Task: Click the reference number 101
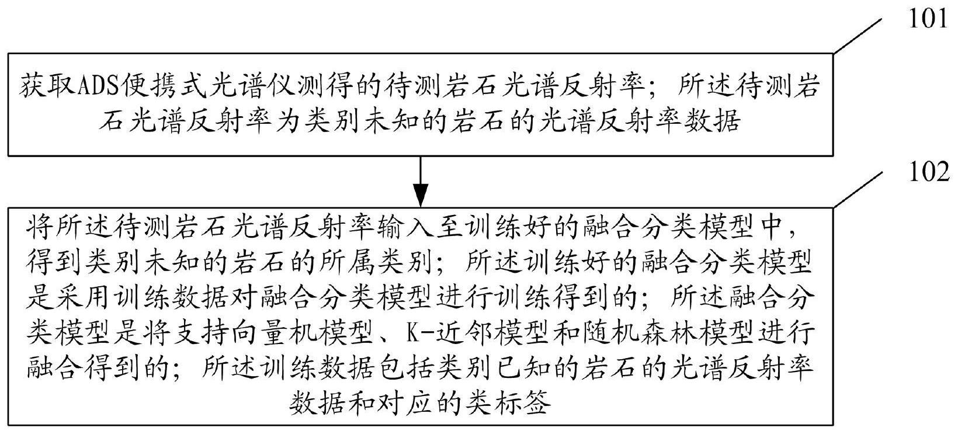[x=928, y=19]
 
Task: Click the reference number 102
[x=929, y=173]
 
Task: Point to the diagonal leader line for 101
[x=858, y=36]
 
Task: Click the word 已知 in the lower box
[x=525, y=367]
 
